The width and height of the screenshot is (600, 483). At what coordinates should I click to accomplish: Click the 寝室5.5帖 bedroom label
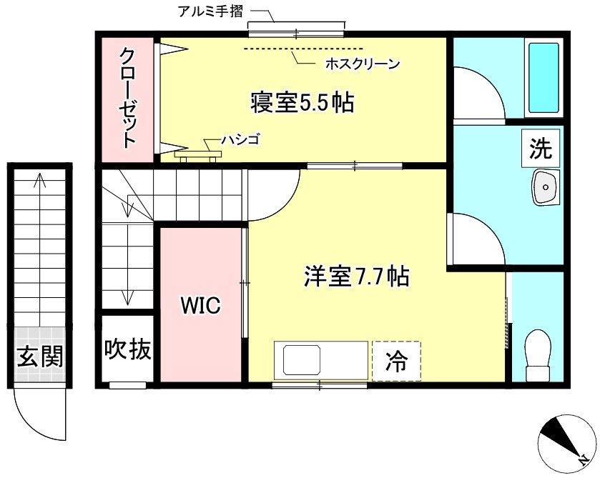[x=302, y=103]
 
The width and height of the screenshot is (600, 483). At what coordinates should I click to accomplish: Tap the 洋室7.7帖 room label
[x=356, y=276]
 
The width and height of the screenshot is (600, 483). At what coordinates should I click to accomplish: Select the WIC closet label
[x=200, y=305]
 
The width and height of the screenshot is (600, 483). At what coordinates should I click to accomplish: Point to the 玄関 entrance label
[x=40, y=355]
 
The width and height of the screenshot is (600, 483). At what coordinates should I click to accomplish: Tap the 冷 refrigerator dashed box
[x=396, y=361]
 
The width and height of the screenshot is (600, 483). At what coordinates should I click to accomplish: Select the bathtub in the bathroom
[x=543, y=77]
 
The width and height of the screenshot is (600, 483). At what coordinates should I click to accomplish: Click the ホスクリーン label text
[x=362, y=64]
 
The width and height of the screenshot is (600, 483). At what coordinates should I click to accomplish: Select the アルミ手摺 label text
[x=210, y=12]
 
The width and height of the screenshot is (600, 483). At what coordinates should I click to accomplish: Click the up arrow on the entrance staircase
[x=40, y=182]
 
